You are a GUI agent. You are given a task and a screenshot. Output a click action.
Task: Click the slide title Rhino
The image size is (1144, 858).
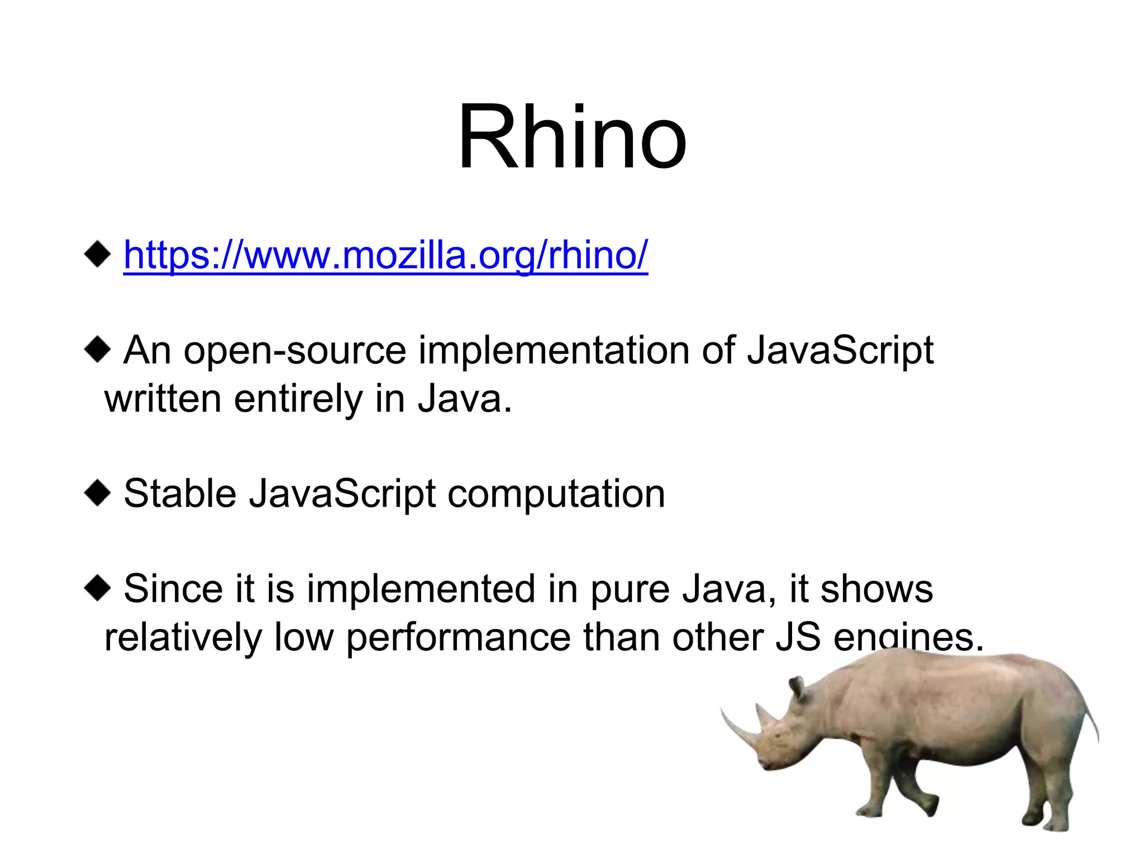pyautogui.click(x=572, y=137)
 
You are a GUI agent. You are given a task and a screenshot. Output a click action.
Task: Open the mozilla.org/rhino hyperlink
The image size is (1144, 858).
pyautogui.click(x=385, y=255)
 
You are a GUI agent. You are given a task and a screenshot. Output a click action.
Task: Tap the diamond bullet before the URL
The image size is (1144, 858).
pyautogui.click(x=97, y=254)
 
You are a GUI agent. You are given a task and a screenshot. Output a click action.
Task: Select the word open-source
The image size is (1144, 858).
pyautogui.click(x=294, y=351)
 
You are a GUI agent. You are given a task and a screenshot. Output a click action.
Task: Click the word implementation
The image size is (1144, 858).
pyautogui.click(x=554, y=351)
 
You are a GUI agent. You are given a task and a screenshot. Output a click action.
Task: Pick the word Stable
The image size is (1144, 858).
pyautogui.click(x=180, y=494)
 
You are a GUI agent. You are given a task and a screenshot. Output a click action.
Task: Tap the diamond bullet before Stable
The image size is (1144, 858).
pyautogui.click(x=97, y=493)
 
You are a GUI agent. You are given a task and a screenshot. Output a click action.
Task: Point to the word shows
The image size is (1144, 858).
pyautogui.click(x=876, y=589)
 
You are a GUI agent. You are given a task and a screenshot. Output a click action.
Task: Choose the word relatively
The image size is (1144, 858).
pyautogui.click(x=183, y=637)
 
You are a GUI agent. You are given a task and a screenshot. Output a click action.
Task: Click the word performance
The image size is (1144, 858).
pyautogui.click(x=459, y=638)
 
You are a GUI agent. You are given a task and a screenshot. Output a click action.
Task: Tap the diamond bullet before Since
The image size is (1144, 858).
pyautogui.click(x=97, y=588)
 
